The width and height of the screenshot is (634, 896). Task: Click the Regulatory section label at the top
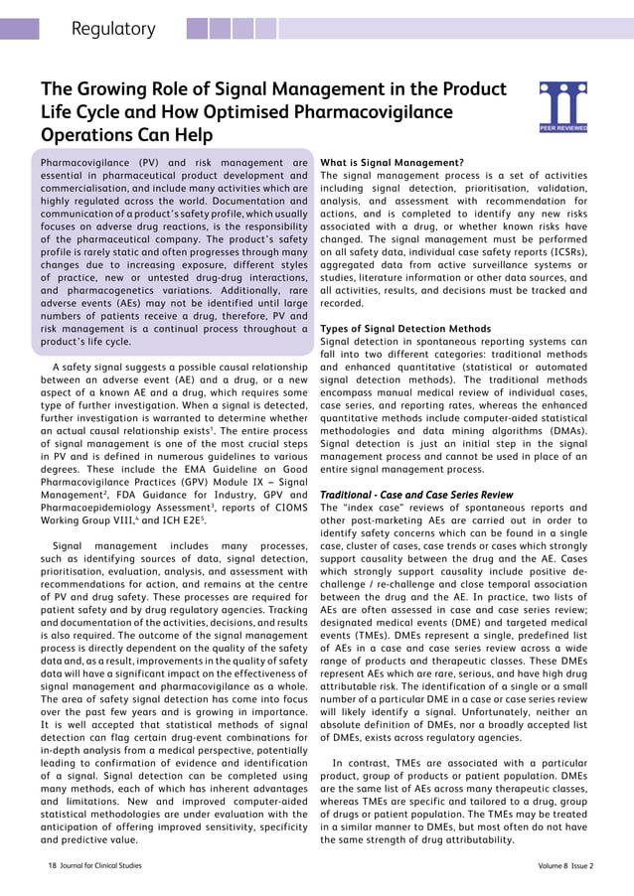pyautogui.click(x=113, y=29)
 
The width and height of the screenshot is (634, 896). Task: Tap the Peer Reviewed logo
pyautogui.click(x=562, y=107)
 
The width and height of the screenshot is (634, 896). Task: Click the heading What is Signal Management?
pyautogui.click(x=392, y=162)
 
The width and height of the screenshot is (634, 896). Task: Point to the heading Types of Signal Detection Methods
pyautogui.click(x=405, y=329)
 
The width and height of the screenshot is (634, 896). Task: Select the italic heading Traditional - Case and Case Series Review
pyautogui.click(x=416, y=494)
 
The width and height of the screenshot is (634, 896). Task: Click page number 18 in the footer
pyautogui.click(x=54, y=865)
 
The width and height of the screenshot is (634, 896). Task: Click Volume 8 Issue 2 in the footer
pyautogui.click(x=565, y=865)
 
